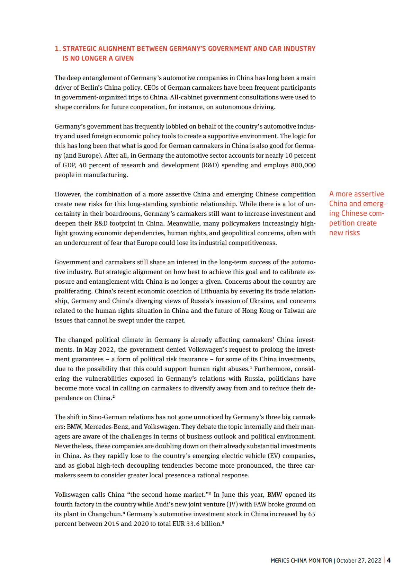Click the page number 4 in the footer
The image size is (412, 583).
389,560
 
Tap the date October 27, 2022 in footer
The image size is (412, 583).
359,560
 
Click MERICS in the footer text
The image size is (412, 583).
280,560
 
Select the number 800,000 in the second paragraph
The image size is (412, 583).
303,165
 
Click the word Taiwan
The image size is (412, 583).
295,311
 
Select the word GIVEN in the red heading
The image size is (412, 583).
124,59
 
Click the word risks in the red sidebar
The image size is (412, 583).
352,233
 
